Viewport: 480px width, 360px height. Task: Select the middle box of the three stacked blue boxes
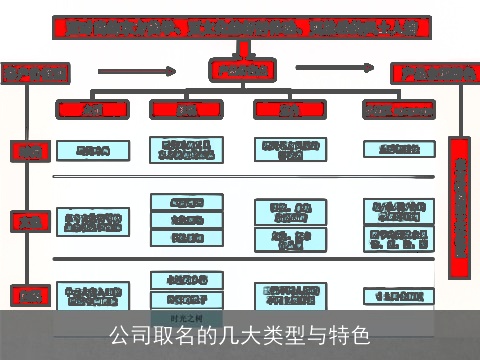[186, 220]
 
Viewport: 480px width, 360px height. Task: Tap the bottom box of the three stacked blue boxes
[186, 238]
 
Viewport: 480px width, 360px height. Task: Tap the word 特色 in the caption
[351, 334]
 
